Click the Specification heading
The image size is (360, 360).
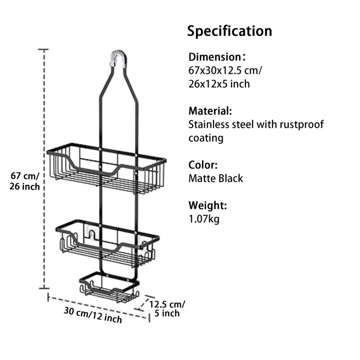click(x=229, y=31)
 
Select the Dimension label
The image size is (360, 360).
click(x=216, y=57)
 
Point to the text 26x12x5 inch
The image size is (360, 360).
click(x=219, y=84)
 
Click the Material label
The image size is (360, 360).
click(x=210, y=111)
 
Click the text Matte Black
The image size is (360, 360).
click(x=216, y=178)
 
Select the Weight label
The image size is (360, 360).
click(x=207, y=206)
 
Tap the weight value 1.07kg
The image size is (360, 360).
click(x=204, y=219)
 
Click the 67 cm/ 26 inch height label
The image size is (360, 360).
click(x=25, y=180)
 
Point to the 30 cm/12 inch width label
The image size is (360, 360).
click(x=93, y=315)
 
